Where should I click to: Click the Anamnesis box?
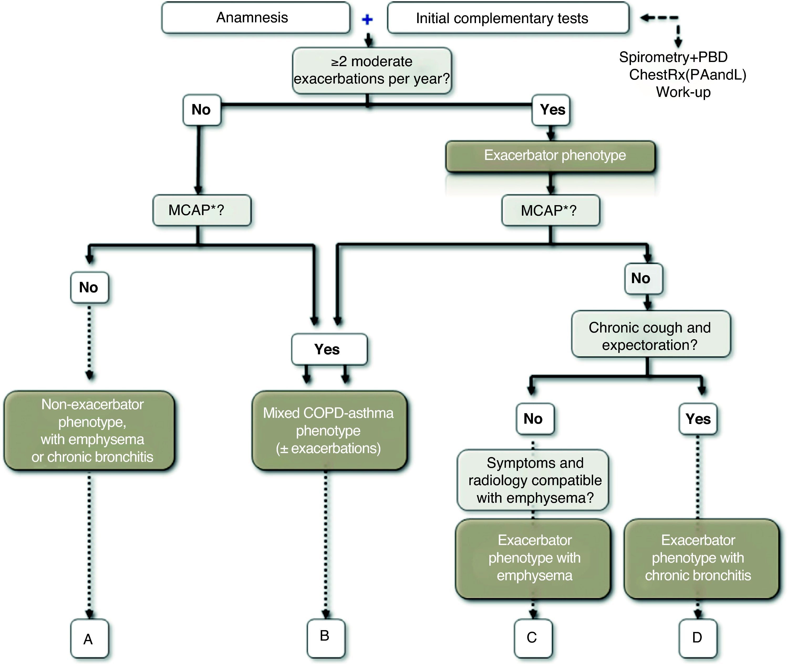(256, 18)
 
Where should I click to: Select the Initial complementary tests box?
(508, 18)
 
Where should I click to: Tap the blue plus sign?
(367, 19)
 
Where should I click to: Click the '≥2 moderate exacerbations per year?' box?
(372, 70)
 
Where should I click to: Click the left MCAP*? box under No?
(202, 210)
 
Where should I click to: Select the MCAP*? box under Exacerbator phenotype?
(551, 210)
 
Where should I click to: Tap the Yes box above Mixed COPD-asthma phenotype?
(329, 349)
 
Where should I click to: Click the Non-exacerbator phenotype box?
(89, 430)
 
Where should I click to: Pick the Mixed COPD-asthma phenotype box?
(329, 430)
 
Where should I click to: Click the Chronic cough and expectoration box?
(651, 334)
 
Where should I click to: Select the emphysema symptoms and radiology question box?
(533, 480)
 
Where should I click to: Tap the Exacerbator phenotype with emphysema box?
(533, 559)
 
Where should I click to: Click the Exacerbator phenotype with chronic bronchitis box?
(701, 559)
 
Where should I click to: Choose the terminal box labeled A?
(89, 639)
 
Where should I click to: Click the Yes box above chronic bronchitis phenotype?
(698, 419)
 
